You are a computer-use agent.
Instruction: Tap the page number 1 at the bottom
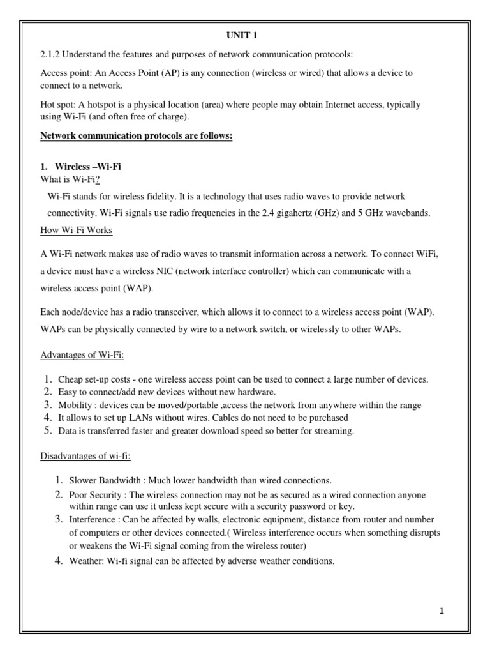click(441, 611)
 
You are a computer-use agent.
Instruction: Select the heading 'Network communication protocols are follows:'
click(136, 136)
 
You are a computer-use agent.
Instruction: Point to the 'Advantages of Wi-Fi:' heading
click(86, 354)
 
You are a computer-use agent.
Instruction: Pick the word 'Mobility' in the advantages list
click(74, 405)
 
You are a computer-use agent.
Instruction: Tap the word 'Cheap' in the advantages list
click(70, 379)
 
